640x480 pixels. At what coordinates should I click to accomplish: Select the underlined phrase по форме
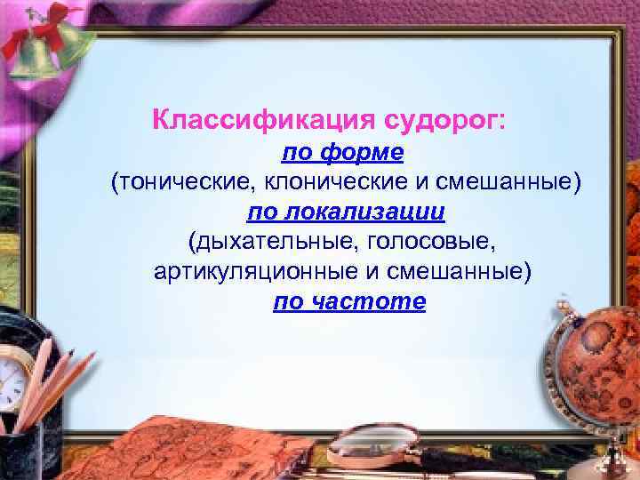tap(343, 153)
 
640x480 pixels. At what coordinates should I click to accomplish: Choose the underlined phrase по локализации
tap(346, 212)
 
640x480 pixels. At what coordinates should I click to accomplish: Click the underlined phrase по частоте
tap(349, 302)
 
